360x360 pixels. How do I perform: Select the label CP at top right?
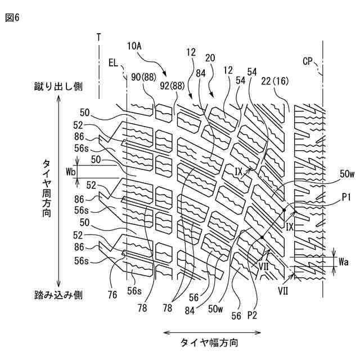click(308, 61)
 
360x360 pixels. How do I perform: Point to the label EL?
click(113, 65)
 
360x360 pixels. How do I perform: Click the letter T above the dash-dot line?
click(99, 37)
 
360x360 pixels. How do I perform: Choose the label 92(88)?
click(172, 86)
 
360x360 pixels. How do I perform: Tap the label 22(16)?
click(275, 81)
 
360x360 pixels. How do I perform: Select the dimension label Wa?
click(344, 262)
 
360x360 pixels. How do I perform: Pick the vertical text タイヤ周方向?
click(48, 188)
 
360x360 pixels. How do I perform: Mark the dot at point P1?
click(285, 210)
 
